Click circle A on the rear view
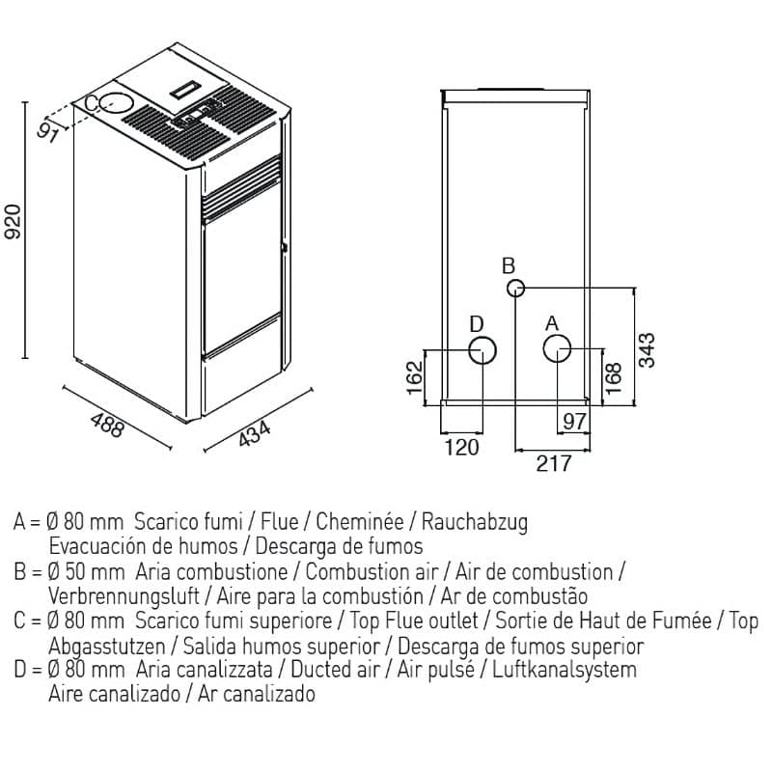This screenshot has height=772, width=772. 556,348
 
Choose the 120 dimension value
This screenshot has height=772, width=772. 461,448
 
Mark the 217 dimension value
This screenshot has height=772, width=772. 553,464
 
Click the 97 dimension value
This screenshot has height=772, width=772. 574,421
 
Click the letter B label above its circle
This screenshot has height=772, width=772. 510,265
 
